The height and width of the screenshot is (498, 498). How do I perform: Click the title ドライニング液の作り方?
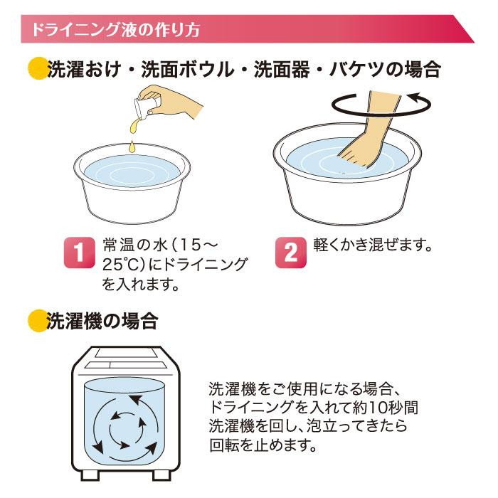click(115, 30)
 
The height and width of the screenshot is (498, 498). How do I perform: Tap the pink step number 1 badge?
click(79, 253)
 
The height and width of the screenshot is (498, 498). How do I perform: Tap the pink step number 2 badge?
click(290, 253)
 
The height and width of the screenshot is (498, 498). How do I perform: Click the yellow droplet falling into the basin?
click(132, 146)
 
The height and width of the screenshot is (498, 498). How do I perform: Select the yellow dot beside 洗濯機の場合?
click(38, 321)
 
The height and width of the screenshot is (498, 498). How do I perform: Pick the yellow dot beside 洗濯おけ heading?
click(38, 68)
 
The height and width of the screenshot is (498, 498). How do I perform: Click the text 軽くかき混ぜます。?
click(373, 245)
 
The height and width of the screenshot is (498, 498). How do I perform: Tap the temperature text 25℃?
click(120, 265)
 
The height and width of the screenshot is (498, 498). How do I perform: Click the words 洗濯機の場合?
click(102, 321)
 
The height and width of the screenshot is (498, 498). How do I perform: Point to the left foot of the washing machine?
click(90, 475)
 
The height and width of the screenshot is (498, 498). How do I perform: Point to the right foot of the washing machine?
click(162, 475)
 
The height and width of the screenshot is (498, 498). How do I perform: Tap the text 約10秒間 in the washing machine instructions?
click(385, 408)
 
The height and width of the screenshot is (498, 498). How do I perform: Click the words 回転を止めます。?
click(263, 445)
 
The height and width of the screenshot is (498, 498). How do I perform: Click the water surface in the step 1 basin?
click(132, 171)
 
